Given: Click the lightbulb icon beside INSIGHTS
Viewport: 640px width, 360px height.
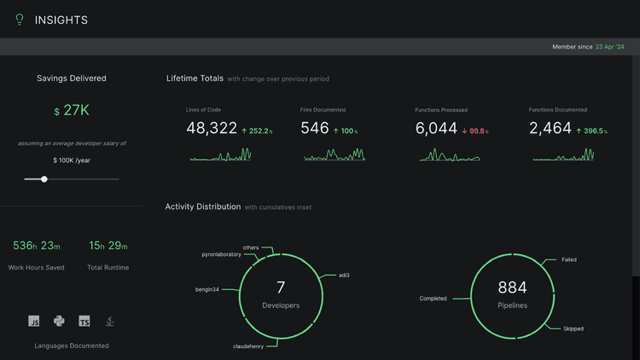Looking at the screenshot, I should pos(20,20).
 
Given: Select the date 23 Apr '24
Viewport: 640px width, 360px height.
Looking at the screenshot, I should pos(611,47).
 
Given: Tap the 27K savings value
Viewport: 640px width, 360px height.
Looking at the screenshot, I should pos(76,111).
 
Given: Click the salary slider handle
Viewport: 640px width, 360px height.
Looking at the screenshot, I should pos(44,179).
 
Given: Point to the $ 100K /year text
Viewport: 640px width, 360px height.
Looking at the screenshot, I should pos(72,160).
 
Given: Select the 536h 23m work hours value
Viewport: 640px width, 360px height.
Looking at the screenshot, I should pos(37,246).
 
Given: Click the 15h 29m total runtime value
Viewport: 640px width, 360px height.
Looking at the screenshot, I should pos(108,246).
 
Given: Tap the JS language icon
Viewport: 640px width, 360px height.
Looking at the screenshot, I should pos(34,322).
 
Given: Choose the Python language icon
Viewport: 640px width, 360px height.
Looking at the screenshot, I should pos(59,322).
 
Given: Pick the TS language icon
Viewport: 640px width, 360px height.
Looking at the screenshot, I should pos(84,322).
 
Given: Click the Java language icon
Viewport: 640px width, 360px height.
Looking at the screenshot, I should pos(110,322).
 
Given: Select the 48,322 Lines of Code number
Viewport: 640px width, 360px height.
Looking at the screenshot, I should pos(212,128).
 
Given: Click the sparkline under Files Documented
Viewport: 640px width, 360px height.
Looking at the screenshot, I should pos(335,155).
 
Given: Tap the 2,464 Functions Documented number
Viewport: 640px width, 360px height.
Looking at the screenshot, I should pos(550,128).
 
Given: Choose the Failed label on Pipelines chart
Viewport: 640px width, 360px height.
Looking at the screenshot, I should pos(569,259).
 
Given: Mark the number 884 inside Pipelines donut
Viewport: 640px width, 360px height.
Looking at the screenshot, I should pos(512,288).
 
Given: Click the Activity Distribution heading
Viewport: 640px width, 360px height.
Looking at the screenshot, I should pos(202,206).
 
